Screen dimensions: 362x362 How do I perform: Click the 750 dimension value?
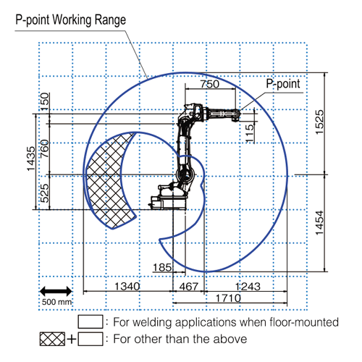210,84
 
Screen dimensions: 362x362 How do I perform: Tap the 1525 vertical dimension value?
319,122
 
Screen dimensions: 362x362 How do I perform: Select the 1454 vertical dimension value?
319,223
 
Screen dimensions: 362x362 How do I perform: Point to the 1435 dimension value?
31,159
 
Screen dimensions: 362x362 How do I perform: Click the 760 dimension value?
44,148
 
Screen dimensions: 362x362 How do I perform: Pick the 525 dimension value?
44,193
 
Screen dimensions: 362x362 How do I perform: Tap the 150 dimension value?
44,101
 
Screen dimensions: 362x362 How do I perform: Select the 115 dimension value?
250,133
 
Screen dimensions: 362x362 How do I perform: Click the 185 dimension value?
162,267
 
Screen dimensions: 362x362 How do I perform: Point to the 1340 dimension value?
127,287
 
